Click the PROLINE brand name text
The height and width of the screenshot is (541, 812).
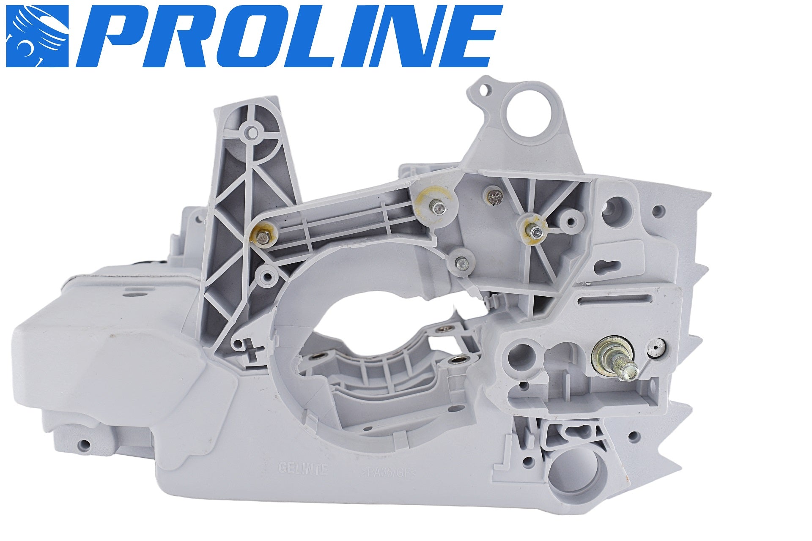[x=296, y=38]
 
